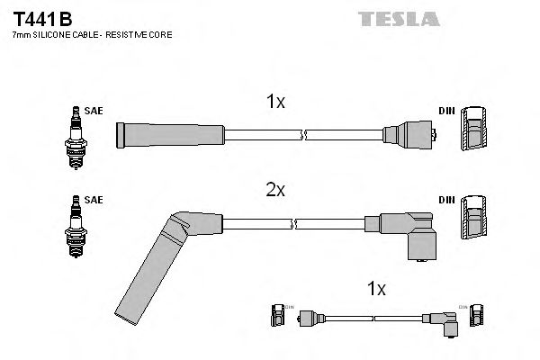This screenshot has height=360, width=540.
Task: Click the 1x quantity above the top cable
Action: point(275,103)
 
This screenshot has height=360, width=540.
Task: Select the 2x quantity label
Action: point(275,191)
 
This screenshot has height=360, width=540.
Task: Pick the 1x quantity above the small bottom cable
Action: point(376,289)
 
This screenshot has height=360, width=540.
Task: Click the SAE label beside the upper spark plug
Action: point(94,111)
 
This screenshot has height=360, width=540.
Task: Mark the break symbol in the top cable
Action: point(304,136)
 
